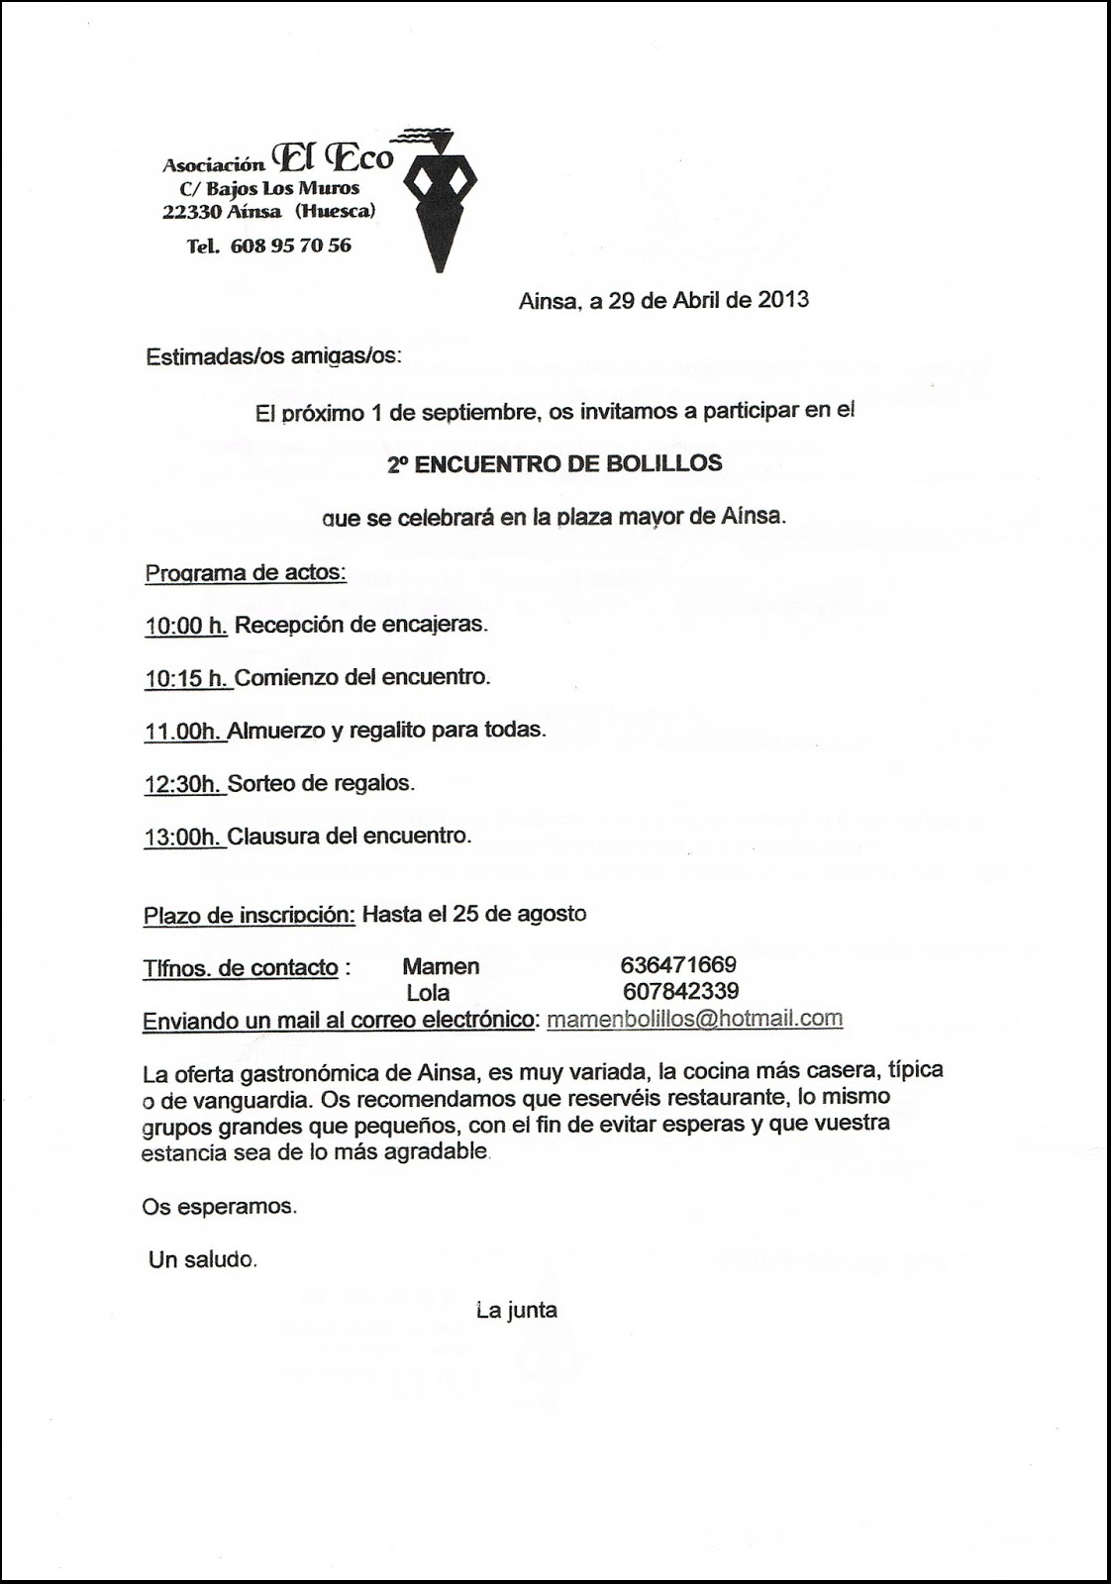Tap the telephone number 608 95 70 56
[290, 246]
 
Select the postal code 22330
[193, 211]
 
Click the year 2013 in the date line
[783, 300]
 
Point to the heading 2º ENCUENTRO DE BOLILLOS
[555, 463]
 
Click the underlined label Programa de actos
[246, 572]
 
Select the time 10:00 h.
[186, 625]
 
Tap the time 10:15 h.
[187, 678]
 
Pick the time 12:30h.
[184, 783]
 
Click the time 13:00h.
[184, 836]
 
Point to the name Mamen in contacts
[441, 966]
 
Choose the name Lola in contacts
[428, 993]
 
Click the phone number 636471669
[678, 965]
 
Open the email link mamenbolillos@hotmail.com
[694, 1019]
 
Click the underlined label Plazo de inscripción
[250, 915]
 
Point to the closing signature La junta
[516, 1311]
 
